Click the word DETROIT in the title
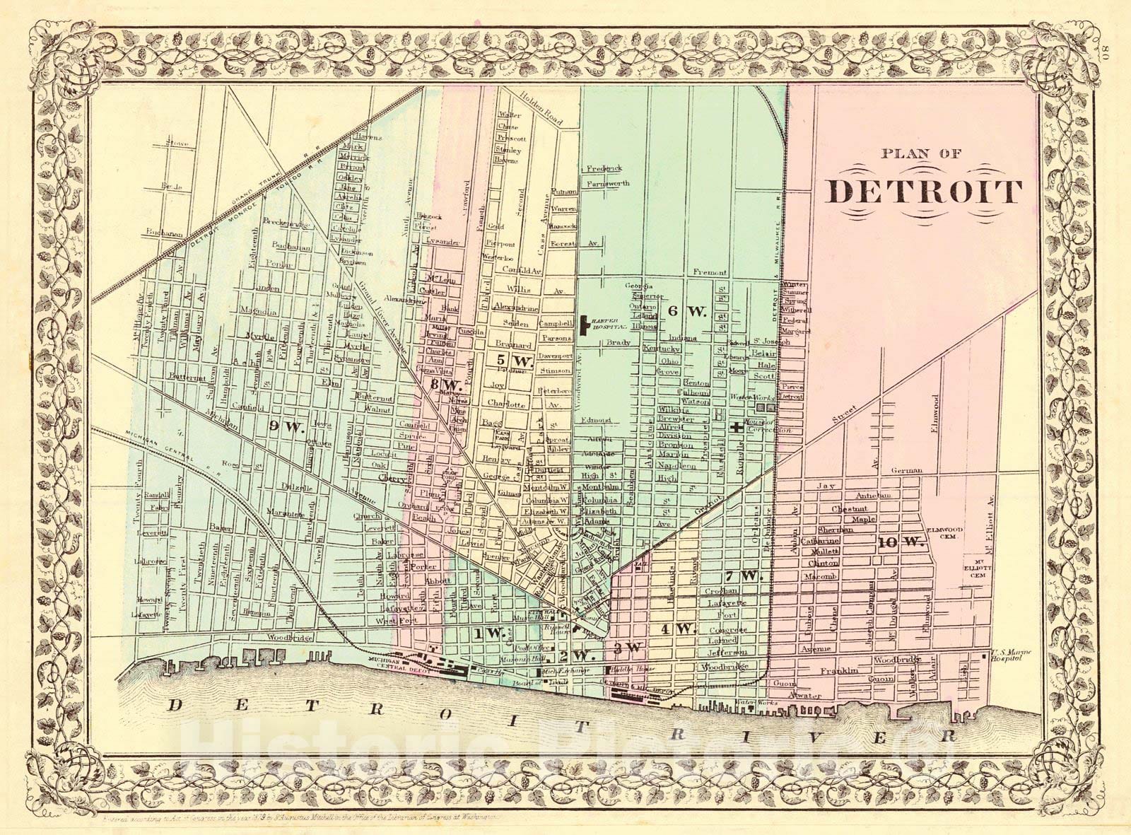click(x=926, y=191)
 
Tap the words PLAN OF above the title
click(x=920, y=153)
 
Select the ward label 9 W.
click(x=286, y=426)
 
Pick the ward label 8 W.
click(x=446, y=385)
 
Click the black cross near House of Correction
click(x=737, y=426)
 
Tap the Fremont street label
click(x=710, y=273)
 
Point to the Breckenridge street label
click(x=287, y=222)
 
